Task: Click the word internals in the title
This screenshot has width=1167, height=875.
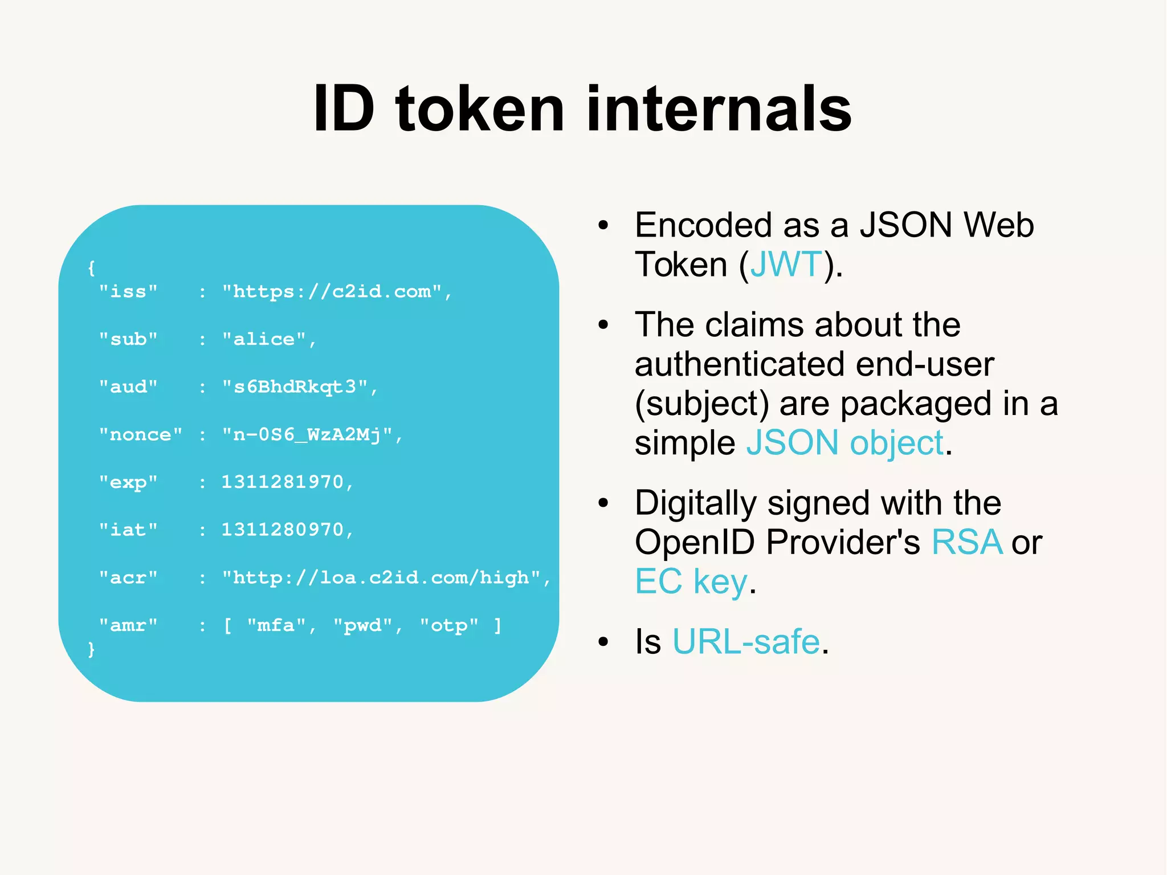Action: pos(719,108)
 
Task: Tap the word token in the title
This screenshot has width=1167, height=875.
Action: pos(479,108)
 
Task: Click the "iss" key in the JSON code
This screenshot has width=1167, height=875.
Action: pos(128,292)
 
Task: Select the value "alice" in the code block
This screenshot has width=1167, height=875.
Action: pos(264,339)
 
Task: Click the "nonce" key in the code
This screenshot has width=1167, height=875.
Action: pos(140,435)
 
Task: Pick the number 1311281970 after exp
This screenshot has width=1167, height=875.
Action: pos(283,482)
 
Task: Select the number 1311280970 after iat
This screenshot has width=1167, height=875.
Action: pos(283,530)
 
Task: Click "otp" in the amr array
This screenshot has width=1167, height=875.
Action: pos(449,625)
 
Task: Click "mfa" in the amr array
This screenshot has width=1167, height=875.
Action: pos(277,625)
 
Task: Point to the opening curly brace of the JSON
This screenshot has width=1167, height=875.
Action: pos(91,268)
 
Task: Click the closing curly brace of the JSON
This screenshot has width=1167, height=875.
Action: pos(91,649)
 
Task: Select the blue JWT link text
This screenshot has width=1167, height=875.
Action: pos(786,264)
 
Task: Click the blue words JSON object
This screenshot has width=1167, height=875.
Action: pos(845,443)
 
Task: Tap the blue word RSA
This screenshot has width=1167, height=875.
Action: pos(966,542)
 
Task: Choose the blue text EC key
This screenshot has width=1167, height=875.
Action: pos(691,581)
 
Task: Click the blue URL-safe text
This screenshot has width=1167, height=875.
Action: pos(746,642)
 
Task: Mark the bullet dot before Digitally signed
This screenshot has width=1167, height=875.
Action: pos(603,503)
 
